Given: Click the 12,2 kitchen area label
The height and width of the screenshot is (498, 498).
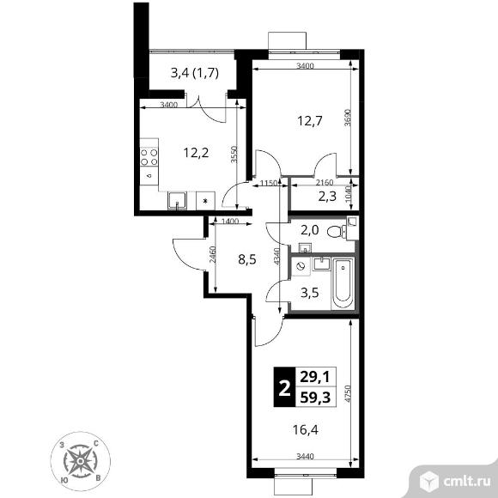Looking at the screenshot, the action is click(196, 153).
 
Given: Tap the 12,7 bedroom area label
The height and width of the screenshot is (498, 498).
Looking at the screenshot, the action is click(310, 121).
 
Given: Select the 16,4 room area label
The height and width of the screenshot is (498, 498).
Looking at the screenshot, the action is click(305, 430).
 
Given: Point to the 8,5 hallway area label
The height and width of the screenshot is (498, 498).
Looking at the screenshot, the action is click(247, 260).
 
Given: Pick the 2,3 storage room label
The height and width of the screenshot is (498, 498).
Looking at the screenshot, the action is click(327, 197).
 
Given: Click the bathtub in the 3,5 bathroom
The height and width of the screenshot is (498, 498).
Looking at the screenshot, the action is click(343, 283).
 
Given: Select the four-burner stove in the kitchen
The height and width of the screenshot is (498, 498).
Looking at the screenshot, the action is click(149, 157).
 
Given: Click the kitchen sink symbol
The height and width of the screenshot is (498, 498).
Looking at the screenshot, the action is click(177, 201).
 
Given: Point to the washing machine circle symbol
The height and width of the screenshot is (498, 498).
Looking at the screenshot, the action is click(301, 266).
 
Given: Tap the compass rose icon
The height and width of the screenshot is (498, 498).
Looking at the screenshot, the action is click(81, 460).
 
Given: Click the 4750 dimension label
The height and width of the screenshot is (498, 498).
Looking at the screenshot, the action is click(348, 394).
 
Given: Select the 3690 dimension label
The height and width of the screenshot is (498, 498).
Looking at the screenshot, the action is click(348, 118).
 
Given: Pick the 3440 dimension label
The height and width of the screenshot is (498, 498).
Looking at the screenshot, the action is click(305, 457).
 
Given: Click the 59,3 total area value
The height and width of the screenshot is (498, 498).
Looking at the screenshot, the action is click(315, 397).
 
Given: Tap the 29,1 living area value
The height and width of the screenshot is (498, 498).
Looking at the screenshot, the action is click(315, 377).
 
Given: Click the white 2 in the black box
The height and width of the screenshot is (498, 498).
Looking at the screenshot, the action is click(284, 387).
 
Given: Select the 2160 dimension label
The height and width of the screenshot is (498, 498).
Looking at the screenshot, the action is click(325, 183).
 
